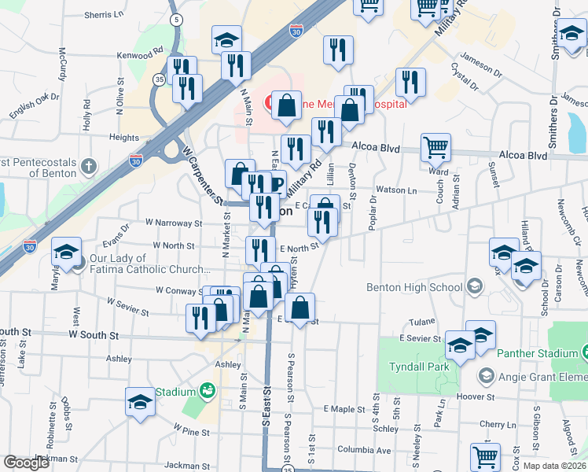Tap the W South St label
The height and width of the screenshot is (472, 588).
[x=94, y=335]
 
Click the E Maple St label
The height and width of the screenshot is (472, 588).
[x=344, y=409]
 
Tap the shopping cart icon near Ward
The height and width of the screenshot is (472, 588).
[x=435, y=146]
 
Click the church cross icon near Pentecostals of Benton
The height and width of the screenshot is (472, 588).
[x=89, y=167]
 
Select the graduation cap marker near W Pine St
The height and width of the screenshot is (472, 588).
[x=140, y=401]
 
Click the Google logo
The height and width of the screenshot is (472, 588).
[x=26, y=463]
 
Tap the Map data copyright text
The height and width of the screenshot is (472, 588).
[x=553, y=466]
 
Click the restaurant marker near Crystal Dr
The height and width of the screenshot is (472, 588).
[x=410, y=81]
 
